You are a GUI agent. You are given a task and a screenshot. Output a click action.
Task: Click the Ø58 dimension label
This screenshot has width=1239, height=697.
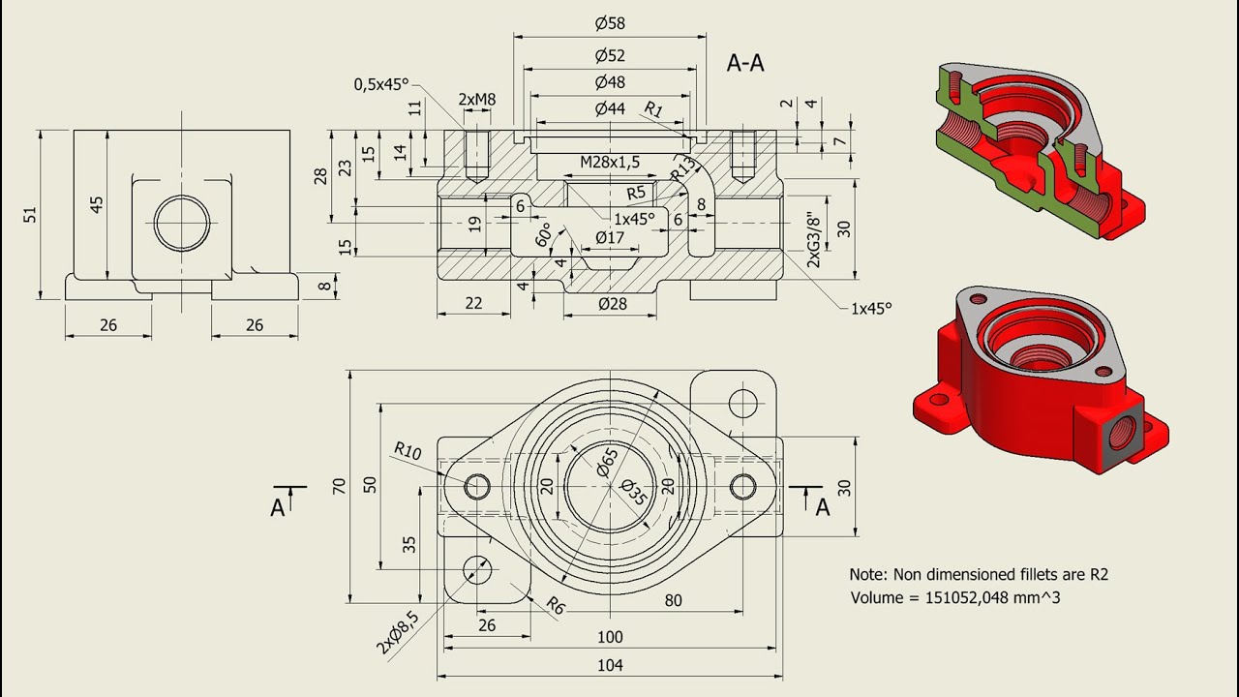pyautogui.click(x=609, y=22)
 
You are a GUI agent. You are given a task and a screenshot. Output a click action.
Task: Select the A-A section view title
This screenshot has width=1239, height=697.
pyautogui.click(x=745, y=63)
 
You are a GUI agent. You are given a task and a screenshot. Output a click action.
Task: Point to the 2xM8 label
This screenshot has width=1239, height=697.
pyautogui.click(x=476, y=99)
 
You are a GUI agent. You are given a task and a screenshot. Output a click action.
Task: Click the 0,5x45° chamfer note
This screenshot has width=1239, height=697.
pyautogui.click(x=381, y=84)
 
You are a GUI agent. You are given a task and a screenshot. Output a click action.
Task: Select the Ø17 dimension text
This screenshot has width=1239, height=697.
pyautogui.click(x=610, y=237)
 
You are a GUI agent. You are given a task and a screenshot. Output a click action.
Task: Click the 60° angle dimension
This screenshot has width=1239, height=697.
pyautogui.click(x=545, y=235)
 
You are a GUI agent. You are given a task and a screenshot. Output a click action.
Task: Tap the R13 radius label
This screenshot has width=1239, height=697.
pyautogui.click(x=683, y=168)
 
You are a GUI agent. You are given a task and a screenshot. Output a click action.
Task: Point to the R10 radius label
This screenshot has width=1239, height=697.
pyautogui.click(x=408, y=451)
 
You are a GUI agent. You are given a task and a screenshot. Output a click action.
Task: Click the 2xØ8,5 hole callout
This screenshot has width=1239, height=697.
pyautogui.click(x=399, y=632)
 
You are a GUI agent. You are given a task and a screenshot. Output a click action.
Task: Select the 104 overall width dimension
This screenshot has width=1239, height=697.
pyautogui.click(x=610, y=665)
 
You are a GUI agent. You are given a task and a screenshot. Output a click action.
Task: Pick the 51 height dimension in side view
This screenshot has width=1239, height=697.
pyautogui.click(x=31, y=214)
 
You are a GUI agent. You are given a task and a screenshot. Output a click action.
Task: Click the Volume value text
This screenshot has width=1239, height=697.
pyautogui.click(x=954, y=598)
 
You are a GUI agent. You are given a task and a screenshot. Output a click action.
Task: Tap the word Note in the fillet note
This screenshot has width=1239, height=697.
pyautogui.click(x=868, y=574)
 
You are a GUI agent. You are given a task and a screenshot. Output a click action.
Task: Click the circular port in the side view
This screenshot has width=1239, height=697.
pyautogui.click(x=181, y=222)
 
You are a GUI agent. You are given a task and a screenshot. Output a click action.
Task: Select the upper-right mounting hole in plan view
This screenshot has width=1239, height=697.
pyautogui.click(x=742, y=401)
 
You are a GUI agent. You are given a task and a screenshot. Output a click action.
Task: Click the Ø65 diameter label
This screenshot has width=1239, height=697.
pyautogui.click(x=607, y=463)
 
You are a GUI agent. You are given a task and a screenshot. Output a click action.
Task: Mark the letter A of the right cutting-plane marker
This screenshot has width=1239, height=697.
pyautogui.click(x=823, y=507)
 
